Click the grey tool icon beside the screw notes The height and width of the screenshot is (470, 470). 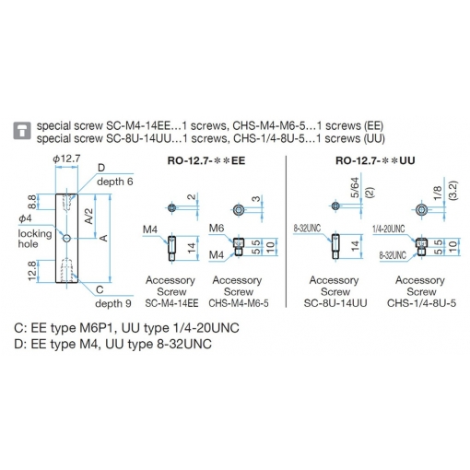[x=22, y=130]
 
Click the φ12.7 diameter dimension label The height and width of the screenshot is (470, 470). [x=66, y=159]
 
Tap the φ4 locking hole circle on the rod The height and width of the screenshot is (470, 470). [x=67, y=238]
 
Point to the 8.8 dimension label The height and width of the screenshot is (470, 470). [x=32, y=202]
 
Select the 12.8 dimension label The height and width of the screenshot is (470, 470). [x=32, y=271]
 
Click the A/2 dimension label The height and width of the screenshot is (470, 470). [x=88, y=216]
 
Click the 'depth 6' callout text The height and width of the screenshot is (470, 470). [x=115, y=182]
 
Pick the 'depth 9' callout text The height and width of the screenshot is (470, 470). [x=113, y=303]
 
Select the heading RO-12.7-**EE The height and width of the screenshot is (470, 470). [x=206, y=160]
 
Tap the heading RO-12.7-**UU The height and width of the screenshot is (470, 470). [x=375, y=160]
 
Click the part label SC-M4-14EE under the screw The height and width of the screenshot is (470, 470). [x=171, y=303]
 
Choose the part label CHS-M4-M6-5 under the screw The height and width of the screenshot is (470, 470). [x=239, y=303]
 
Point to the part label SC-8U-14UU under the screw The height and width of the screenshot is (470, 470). [x=335, y=303]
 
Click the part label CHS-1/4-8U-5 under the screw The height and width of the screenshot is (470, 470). [x=421, y=303]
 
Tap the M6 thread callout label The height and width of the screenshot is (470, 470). [x=217, y=228]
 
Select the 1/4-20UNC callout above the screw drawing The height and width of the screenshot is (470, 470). [x=389, y=229]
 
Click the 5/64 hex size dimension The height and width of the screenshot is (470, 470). [x=355, y=188]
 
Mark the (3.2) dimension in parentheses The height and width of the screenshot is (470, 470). [x=453, y=191]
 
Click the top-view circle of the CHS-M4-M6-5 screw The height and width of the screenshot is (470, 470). [x=238, y=210]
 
